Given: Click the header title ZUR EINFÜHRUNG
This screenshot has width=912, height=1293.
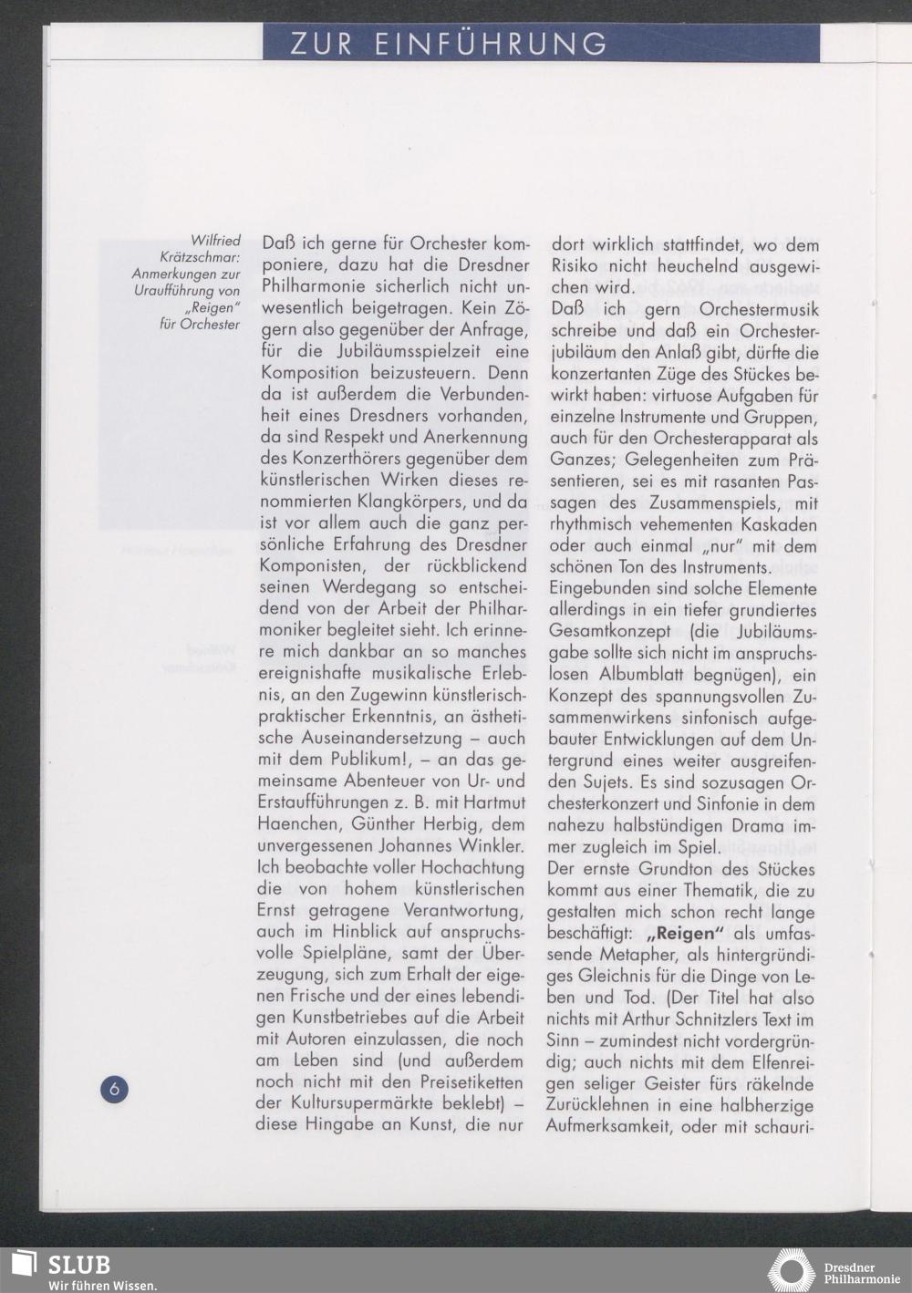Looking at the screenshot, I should pos(449,44).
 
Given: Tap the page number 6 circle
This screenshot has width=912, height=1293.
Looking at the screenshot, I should pos(114,1088).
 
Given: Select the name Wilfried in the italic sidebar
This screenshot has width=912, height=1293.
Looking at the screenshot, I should pos(215,241).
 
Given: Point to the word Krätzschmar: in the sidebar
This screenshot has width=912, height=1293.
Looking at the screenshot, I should pos(200,257).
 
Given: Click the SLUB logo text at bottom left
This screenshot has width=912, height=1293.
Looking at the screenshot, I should pos(78,1265).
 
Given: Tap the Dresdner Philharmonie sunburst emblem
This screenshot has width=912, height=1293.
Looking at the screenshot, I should pos(791,1271).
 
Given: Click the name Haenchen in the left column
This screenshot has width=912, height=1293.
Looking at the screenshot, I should pos(297,824).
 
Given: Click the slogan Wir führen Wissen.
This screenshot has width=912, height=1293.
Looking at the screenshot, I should pos(102,1285).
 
